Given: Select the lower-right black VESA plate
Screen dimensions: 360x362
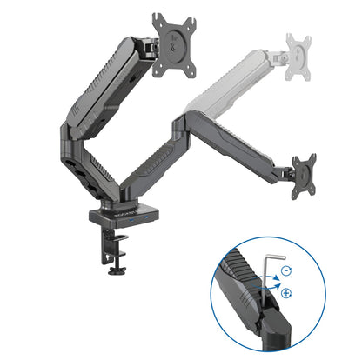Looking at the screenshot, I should click(x=304, y=176).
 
